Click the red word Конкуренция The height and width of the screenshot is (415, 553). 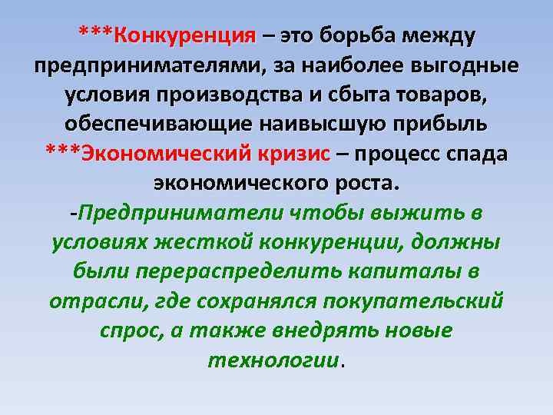coord(184,35)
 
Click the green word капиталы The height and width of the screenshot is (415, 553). coord(421,271)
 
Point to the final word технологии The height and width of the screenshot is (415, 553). coord(273,360)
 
